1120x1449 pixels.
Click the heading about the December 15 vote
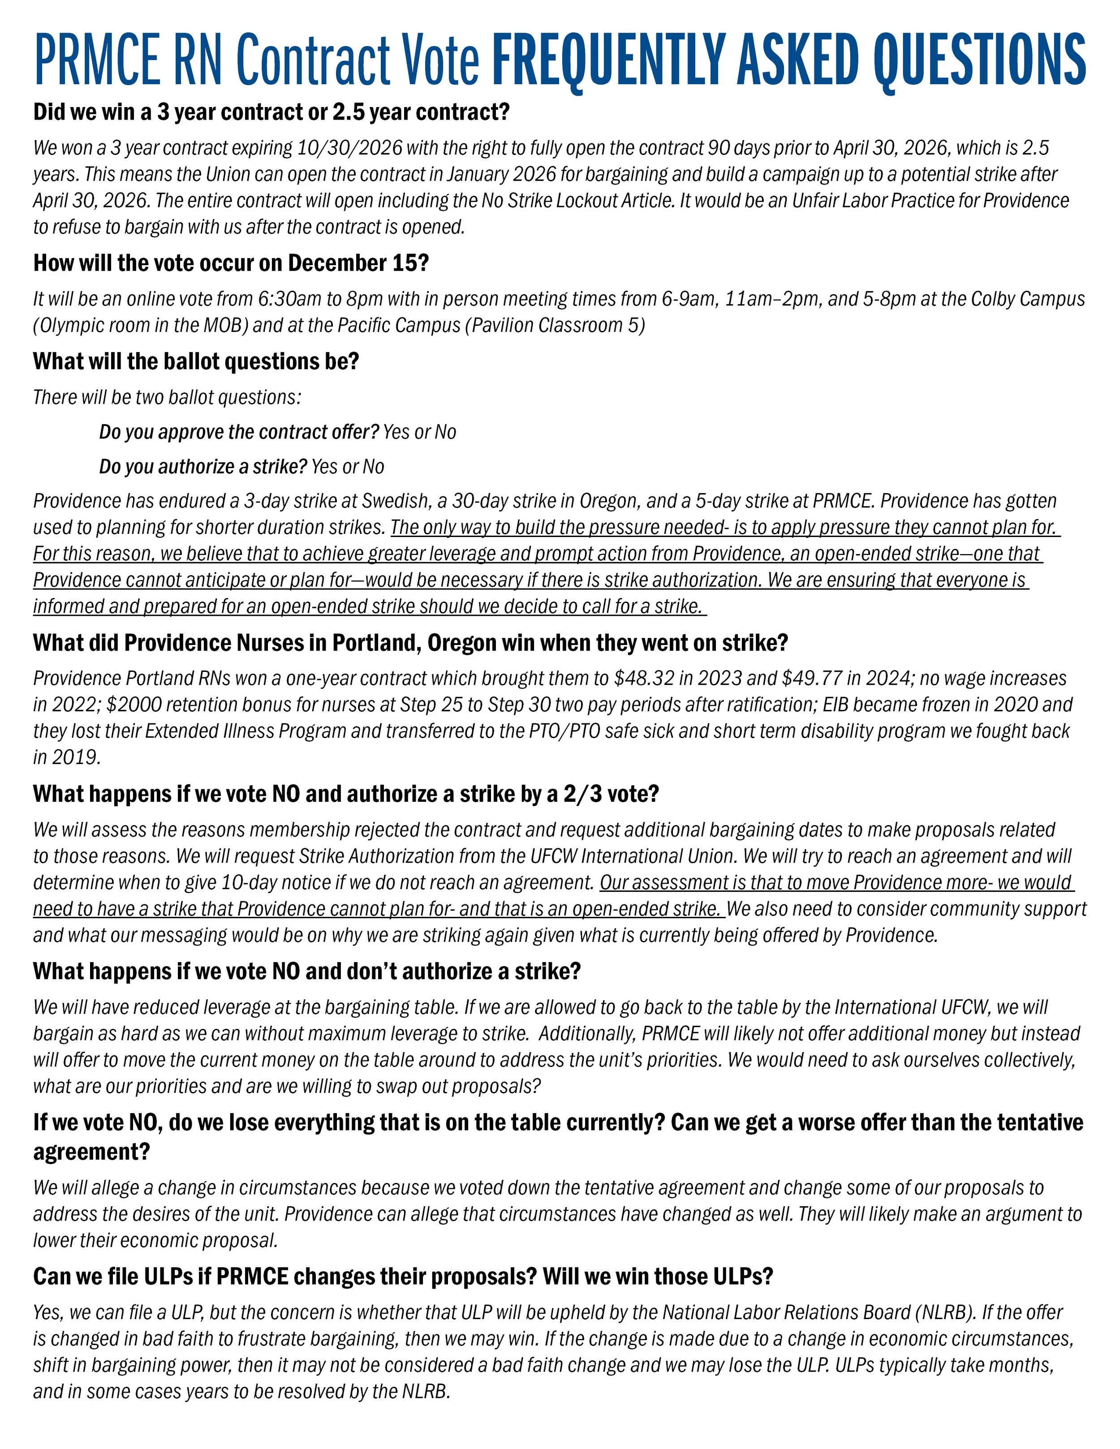(x=231, y=263)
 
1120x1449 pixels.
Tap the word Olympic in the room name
(x=73, y=326)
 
